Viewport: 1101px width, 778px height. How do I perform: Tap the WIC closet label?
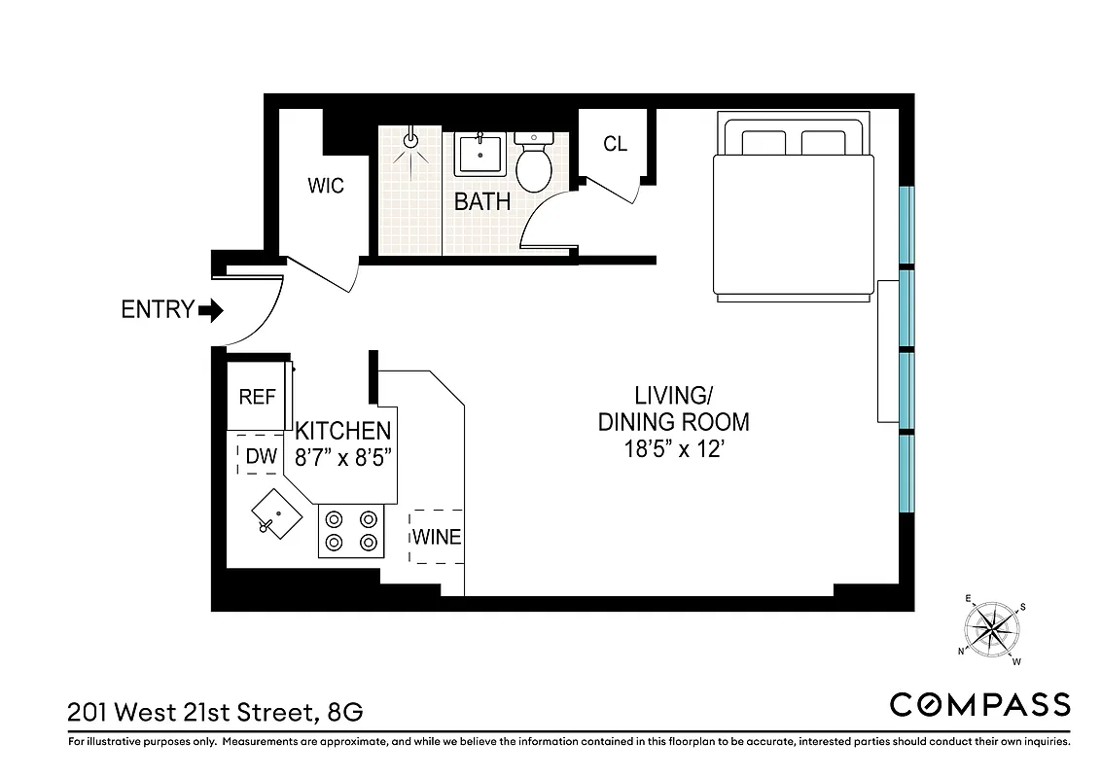tap(326, 186)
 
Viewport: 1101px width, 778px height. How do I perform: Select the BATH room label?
tap(482, 202)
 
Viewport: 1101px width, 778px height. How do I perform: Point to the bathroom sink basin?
tap(479, 155)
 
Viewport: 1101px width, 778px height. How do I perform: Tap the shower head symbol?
tap(411, 140)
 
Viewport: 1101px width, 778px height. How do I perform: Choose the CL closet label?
tap(615, 145)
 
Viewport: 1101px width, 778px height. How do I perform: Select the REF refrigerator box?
tap(258, 397)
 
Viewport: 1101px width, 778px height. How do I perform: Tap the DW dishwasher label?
tap(261, 456)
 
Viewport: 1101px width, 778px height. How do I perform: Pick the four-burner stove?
tap(351, 531)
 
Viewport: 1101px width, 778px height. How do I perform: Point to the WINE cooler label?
tap(437, 537)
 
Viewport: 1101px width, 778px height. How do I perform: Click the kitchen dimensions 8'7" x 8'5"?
tap(343, 457)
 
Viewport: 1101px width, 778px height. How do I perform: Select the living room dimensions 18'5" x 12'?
tap(673, 450)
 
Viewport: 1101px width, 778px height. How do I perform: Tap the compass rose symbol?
tap(992, 629)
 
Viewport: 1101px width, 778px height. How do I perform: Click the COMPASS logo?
tap(979, 705)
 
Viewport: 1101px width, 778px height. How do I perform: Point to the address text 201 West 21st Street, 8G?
tap(215, 712)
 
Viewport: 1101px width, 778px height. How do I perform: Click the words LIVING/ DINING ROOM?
tap(673, 409)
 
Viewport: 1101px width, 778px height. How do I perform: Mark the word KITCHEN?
tap(343, 431)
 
